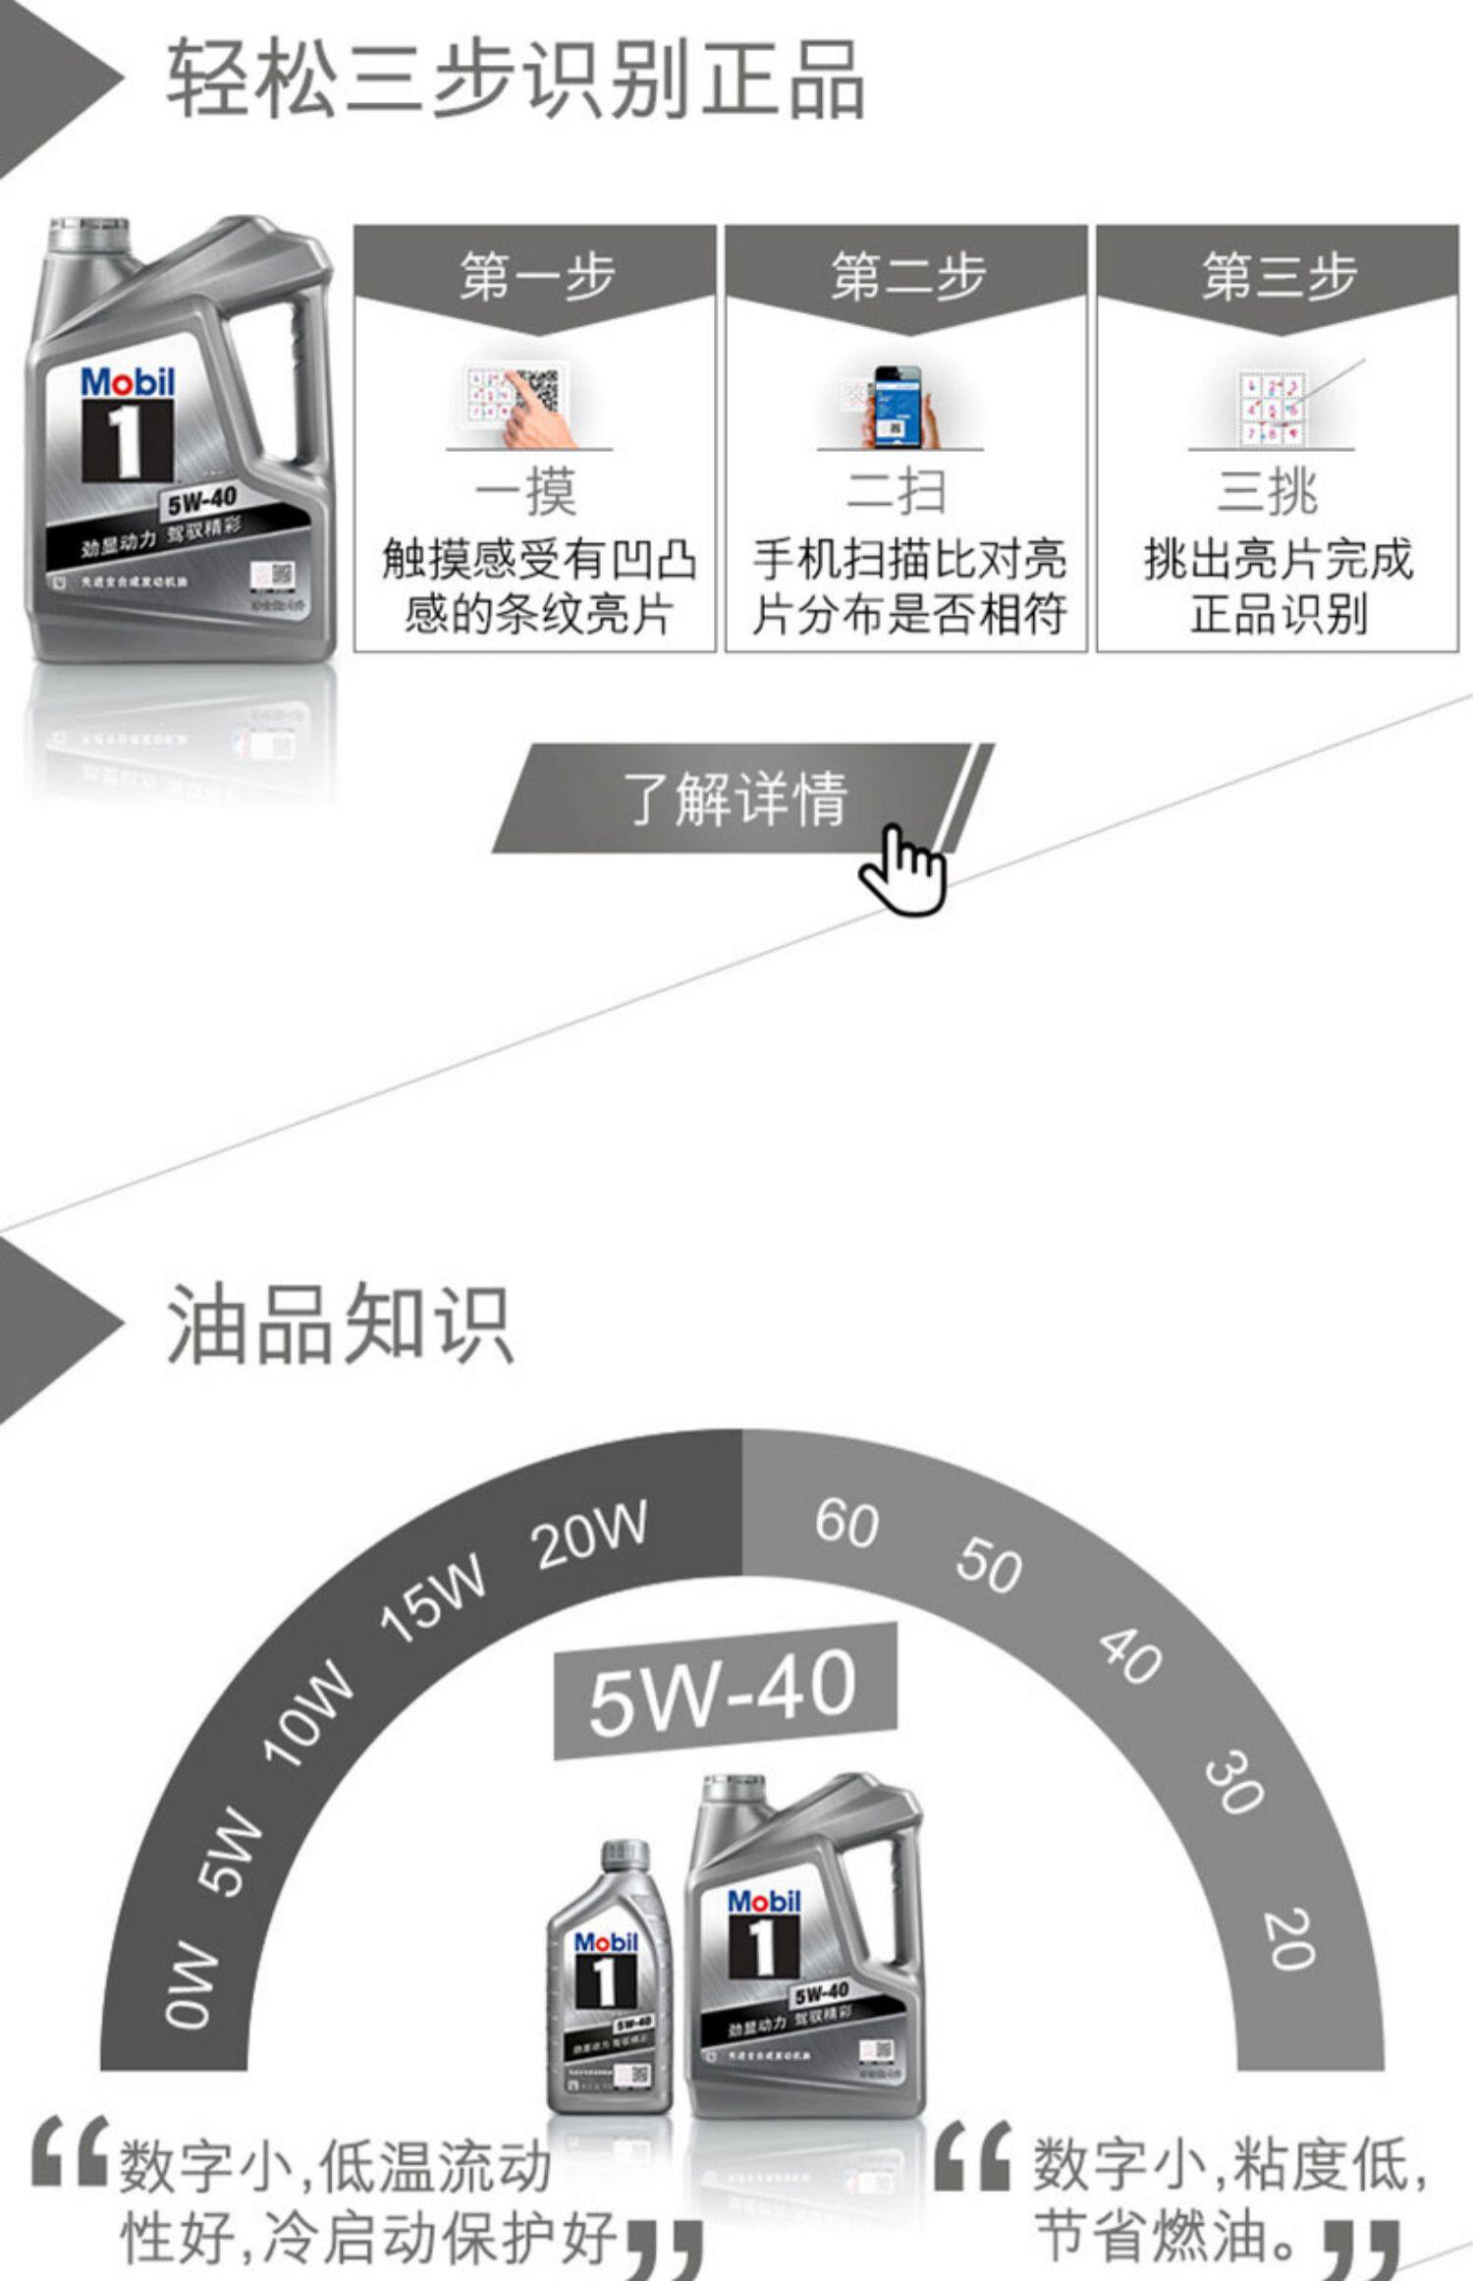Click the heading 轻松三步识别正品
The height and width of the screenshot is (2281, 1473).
515,81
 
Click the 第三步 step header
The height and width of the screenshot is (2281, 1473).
1278,276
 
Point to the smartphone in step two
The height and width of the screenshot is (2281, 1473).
896,405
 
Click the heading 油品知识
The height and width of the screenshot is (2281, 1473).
340,1325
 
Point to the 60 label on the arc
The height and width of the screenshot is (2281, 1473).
846,1523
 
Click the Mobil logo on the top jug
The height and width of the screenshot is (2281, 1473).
128,382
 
